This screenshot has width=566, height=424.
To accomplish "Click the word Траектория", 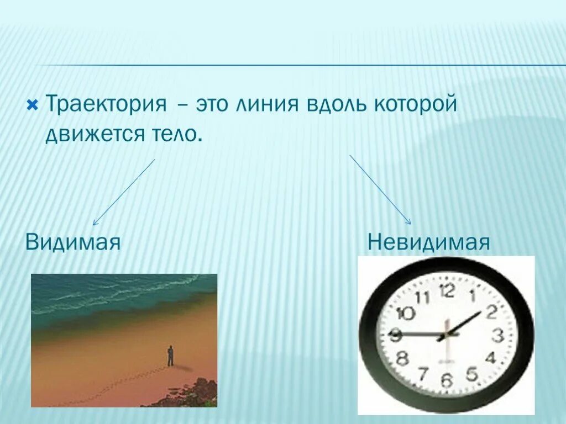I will [x=106, y=104].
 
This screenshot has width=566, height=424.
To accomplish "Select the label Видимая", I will [x=73, y=242].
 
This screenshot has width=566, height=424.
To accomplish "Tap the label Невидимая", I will [x=429, y=242].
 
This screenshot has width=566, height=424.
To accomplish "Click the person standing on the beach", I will [x=170, y=356].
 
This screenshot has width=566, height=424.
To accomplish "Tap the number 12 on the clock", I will [x=448, y=290].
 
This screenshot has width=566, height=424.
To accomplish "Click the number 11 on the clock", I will [x=422, y=297].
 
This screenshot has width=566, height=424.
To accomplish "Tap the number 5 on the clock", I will [x=471, y=373].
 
